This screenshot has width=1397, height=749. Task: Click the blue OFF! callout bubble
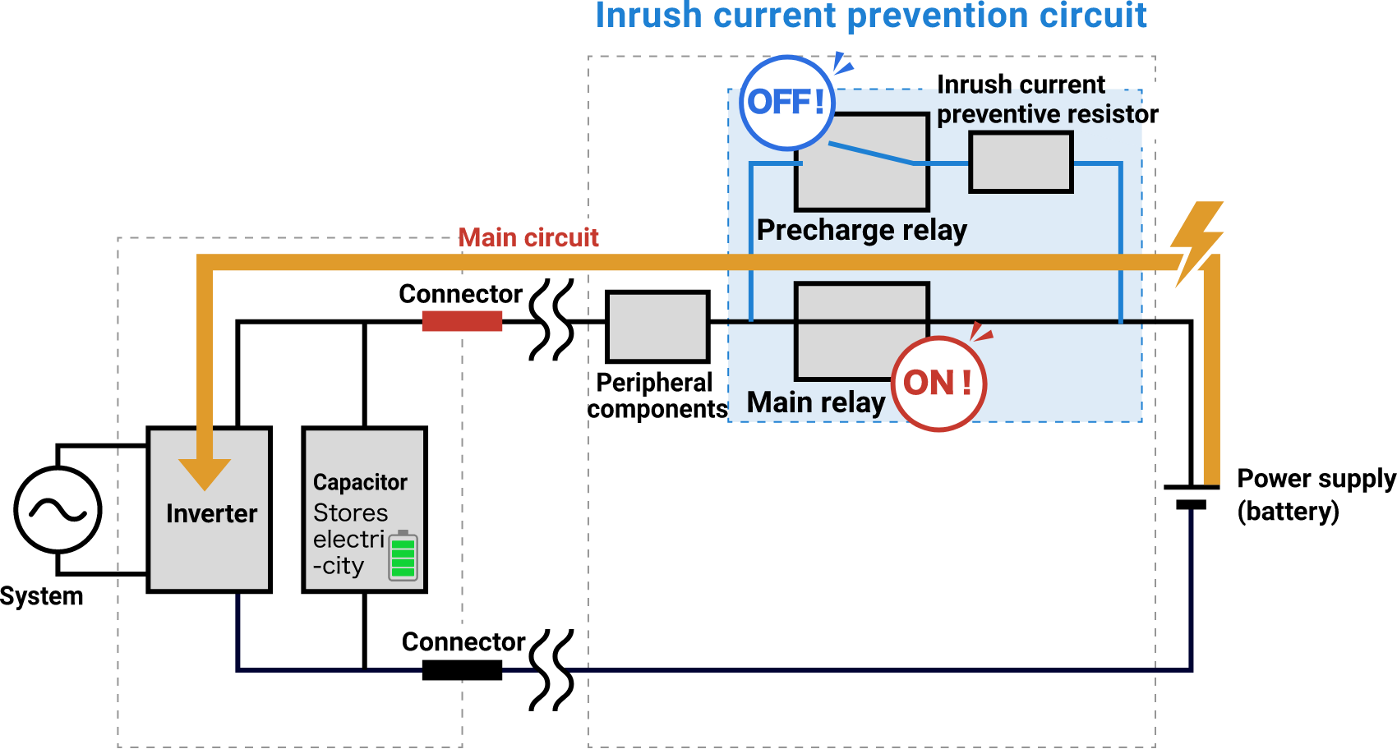786,103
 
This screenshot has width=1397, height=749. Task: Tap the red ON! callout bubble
938,384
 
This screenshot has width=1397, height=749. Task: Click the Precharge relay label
861,230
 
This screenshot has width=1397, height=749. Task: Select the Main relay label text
815,402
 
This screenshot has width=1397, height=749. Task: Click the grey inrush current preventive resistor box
1021,163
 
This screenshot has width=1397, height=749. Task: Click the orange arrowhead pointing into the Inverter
205,472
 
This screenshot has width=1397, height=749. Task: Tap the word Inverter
211,514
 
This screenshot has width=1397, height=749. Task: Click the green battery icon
403,556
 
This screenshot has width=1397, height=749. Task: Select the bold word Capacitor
360,482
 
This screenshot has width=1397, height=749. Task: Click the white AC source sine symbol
58,510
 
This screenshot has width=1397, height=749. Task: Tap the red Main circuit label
528,238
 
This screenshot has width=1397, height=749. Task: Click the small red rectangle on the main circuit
462,321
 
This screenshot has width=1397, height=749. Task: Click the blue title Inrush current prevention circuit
870,16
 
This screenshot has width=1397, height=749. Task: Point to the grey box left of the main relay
657,327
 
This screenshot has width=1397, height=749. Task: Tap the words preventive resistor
1040,114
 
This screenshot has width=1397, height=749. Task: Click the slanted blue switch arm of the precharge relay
871,154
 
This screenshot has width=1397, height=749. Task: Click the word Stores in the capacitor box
350,513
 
